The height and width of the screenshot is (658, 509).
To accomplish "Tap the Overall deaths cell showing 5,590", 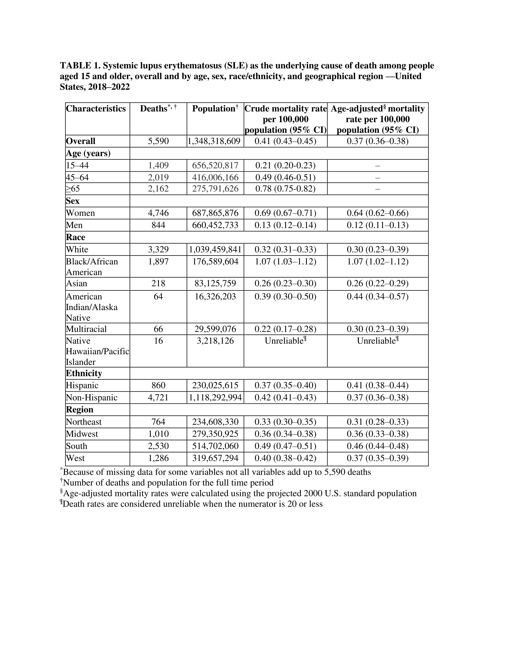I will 158,141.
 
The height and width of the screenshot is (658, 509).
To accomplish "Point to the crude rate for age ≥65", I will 285,189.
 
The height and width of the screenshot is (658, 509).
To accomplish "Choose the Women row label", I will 80,213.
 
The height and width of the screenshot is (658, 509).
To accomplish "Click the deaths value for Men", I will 158,225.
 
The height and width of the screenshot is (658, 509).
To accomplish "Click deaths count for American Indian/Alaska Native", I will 158,296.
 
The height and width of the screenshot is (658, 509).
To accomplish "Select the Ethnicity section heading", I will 84,373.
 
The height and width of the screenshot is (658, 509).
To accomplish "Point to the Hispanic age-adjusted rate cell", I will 377,385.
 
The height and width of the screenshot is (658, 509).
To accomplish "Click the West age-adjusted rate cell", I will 377,458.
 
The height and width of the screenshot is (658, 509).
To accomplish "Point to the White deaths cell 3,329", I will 158,249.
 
